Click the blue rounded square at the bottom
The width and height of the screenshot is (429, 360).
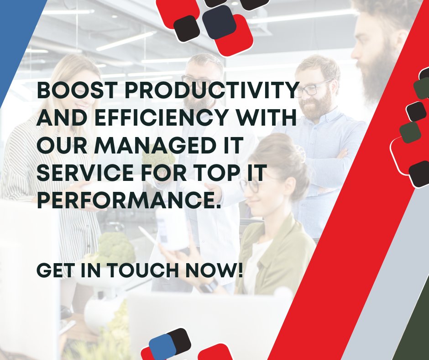coord(162,346)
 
